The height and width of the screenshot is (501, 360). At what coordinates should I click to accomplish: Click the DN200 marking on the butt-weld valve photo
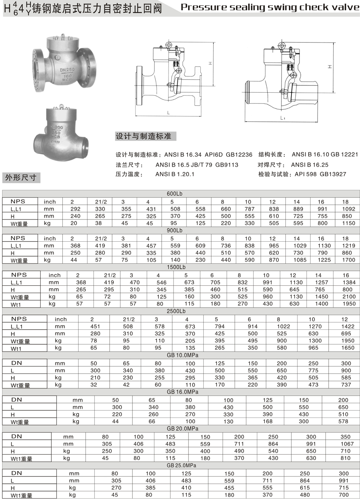point(56,128)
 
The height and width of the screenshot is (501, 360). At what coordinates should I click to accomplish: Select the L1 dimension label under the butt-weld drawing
point(282,118)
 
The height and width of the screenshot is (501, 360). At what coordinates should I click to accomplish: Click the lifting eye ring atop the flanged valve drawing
point(169,46)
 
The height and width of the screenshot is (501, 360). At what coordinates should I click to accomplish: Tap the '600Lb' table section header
point(175,194)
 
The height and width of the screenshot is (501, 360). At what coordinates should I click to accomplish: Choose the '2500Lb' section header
point(176,311)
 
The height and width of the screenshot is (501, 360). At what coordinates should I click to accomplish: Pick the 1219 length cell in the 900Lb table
point(346,246)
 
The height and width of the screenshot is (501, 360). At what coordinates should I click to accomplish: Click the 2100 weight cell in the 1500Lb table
point(346,297)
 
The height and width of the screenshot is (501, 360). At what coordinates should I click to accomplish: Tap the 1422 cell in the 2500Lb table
point(345,326)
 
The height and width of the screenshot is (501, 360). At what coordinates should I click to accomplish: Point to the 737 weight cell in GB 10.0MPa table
point(346,385)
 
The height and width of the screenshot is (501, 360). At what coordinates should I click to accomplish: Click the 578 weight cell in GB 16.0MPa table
point(344,421)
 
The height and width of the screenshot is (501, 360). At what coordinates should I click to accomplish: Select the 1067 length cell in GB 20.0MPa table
point(345,444)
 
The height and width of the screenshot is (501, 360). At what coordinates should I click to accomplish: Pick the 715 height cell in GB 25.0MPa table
point(344,488)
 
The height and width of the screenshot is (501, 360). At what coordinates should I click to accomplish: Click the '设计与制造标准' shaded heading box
point(143,136)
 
